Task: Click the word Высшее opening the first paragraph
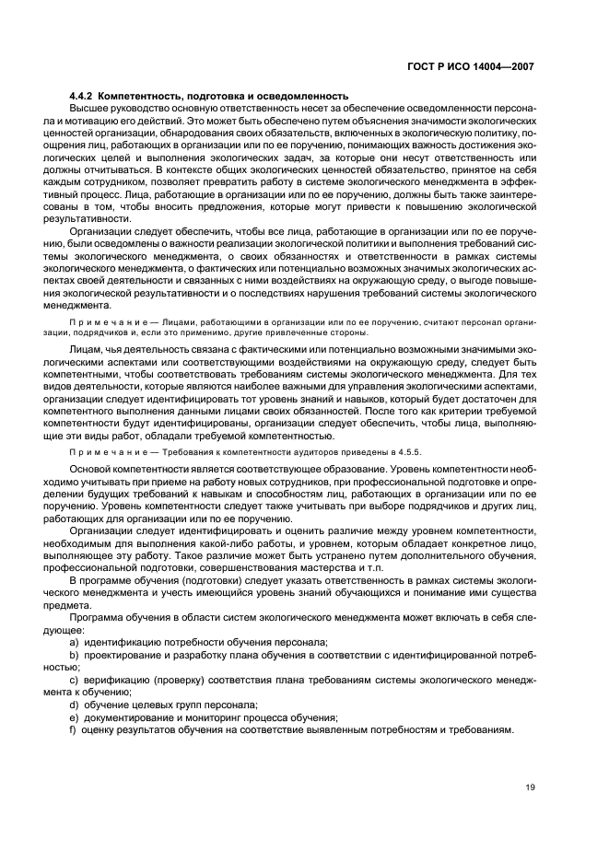pos(87,108)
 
